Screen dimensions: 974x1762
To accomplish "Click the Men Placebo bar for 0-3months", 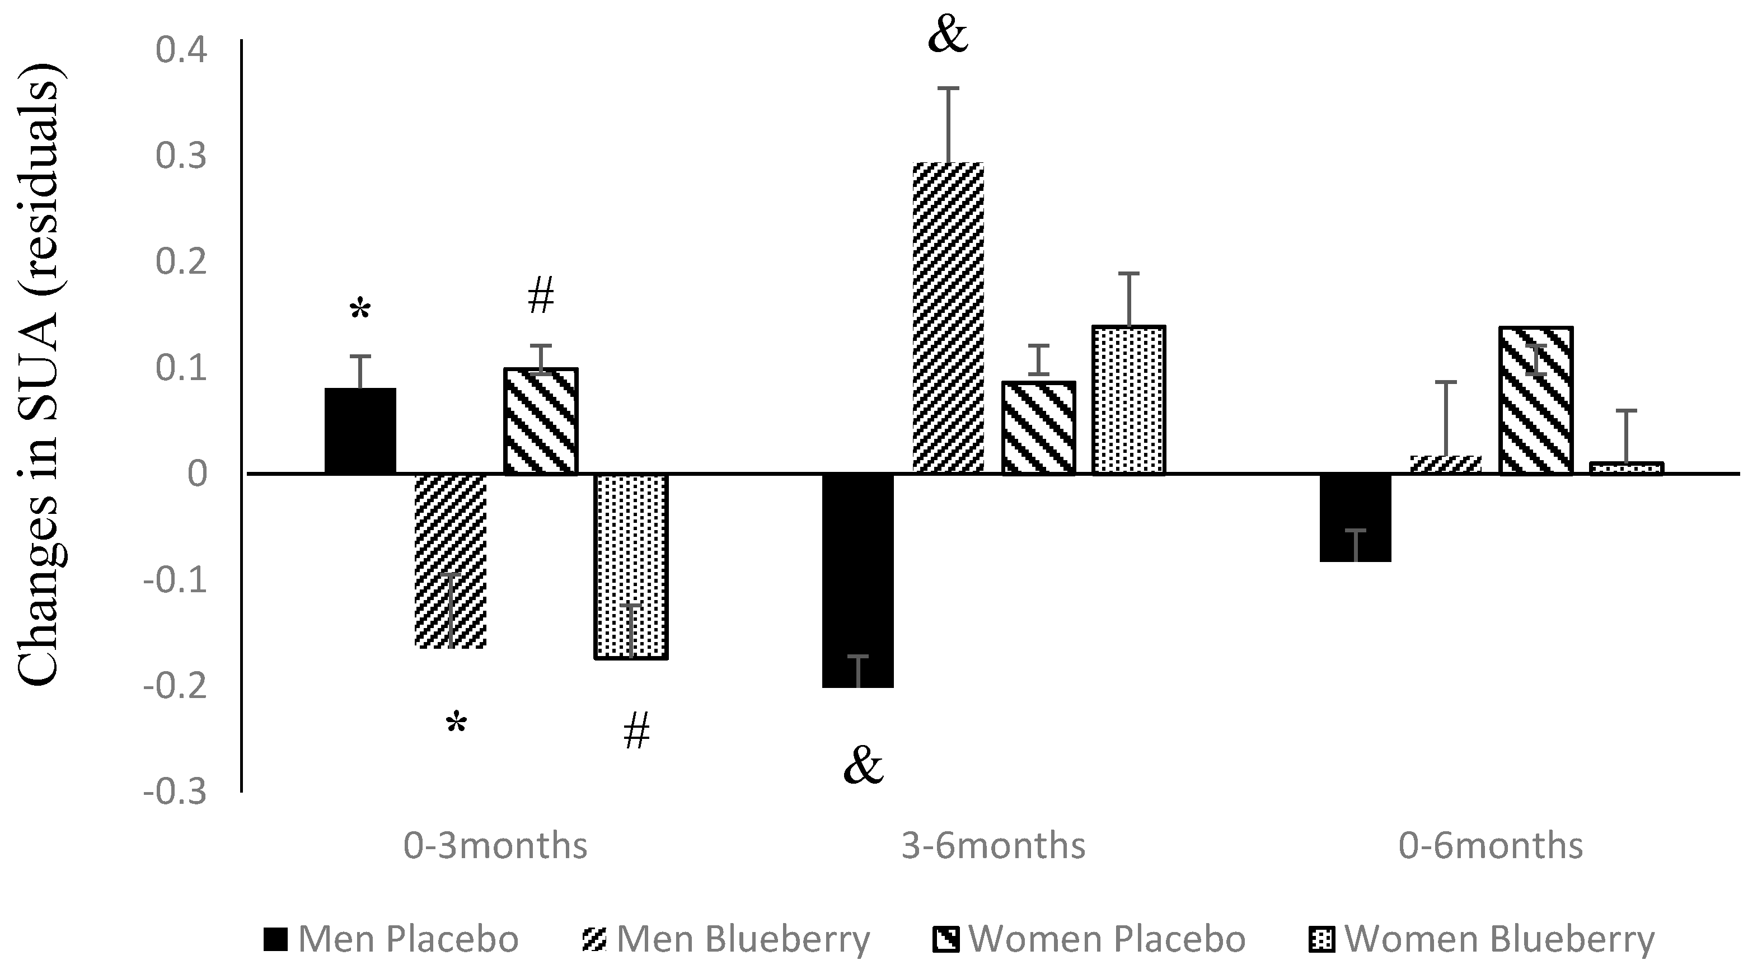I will tap(360, 431).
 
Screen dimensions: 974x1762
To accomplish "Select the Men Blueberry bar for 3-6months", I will tap(948, 318).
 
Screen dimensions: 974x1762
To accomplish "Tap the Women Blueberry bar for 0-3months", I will tap(631, 566).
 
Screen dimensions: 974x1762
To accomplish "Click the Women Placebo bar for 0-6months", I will tap(1536, 400).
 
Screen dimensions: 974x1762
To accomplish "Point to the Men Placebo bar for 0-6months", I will tap(1355, 517).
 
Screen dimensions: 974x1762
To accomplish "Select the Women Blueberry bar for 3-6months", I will tap(1128, 400).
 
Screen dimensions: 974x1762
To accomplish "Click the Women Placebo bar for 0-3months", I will tap(540, 420).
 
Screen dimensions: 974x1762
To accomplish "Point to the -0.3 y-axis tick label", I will tap(175, 792).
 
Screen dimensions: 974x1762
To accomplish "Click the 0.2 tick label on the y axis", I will tap(181, 262).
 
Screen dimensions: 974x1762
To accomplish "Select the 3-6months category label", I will tap(993, 846).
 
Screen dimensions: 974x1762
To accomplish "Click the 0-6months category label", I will tap(1491, 846).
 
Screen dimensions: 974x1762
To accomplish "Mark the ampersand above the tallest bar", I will tap(948, 36).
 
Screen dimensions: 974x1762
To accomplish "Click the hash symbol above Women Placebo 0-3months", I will tap(540, 297).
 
